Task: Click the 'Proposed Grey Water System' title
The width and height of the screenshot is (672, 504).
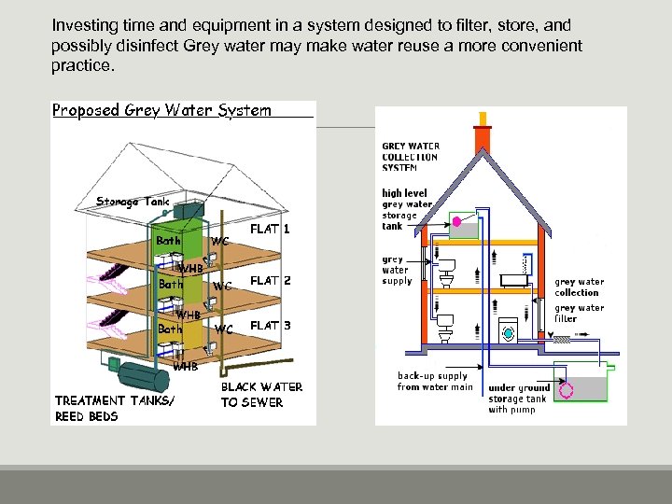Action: [x=161, y=110]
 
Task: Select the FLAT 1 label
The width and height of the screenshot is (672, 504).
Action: [x=270, y=229]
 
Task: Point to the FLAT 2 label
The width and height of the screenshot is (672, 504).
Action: [x=270, y=280]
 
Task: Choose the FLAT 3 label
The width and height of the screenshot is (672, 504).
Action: [x=270, y=326]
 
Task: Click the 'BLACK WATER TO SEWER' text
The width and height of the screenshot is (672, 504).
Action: [x=261, y=395]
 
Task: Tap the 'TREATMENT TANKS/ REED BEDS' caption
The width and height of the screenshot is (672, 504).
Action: [x=114, y=409]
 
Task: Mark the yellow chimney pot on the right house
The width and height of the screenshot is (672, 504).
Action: [x=483, y=118]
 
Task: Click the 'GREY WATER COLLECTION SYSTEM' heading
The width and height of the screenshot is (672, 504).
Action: [x=410, y=157]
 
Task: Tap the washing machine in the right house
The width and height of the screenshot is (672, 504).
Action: [x=508, y=330]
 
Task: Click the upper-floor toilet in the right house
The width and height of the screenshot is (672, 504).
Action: [x=445, y=272]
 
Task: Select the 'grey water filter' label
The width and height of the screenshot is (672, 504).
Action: [x=579, y=314]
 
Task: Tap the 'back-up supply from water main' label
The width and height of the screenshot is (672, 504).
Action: [x=435, y=382]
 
